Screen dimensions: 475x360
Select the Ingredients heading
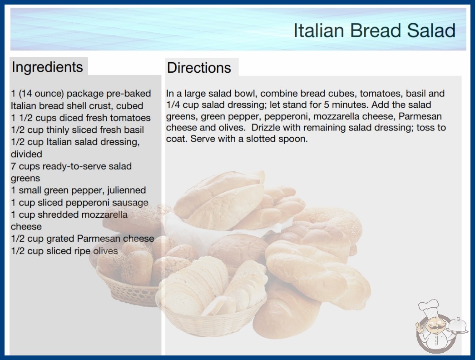[x=47, y=67]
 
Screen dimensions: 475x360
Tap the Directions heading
[x=199, y=68]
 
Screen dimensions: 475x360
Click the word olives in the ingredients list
[x=105, y=251]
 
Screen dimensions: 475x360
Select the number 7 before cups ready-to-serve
[x=13, y=166]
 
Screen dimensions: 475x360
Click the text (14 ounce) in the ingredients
[x=41, y=94]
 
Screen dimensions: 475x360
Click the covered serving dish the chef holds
[x=457, y=326]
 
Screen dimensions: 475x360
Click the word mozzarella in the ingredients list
[x=104, y=215]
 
